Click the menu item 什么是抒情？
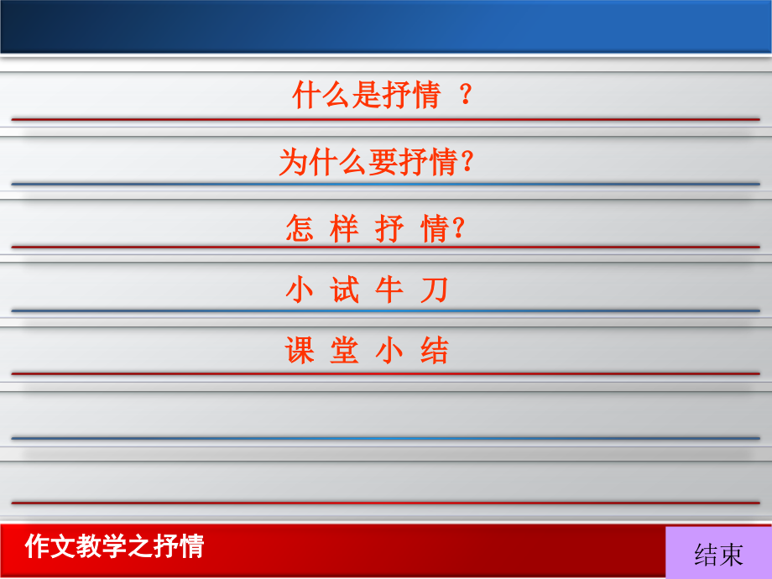(x=382, y=96)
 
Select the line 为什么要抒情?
(x=377, y=161)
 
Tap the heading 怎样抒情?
(x=375, y=228)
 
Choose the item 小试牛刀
(x=368, y=290)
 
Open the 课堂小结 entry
(x=368, y=351)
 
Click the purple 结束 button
(x=718, y=554)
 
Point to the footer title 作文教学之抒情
(x=115, y=546)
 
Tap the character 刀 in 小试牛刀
(x=435, y=290)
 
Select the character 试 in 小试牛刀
(x=345, y=290)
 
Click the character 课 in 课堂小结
(x=300, y=351)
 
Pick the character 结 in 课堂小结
(x=435, y=351)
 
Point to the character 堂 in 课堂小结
(x=344, y=351)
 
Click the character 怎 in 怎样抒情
(x=300, y=228)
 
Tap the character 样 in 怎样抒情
(x=344, y=228)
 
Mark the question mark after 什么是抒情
(x=467, y=96)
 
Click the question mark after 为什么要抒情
(x=469, y=161)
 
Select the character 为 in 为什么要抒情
(x=294, y=161)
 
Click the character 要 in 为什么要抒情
(x=383, y=161)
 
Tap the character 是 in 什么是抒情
(x=368, y=96)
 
